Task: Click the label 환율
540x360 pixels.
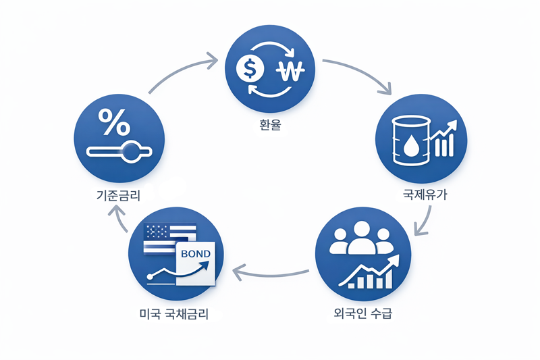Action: pos(270,126)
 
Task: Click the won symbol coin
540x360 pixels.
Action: pos(292,69)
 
